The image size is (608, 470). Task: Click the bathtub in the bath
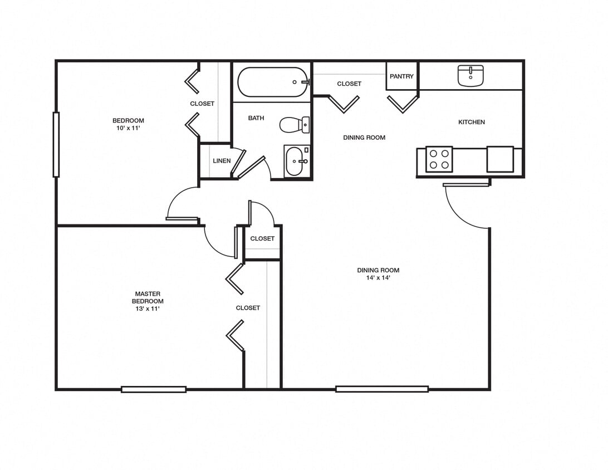pos(273,82)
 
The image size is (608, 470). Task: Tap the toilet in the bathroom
pos(293,125)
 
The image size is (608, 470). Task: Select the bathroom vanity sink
pos(297,161)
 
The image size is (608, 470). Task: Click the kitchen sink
pos(470,75)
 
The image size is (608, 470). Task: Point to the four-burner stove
pos(439,159)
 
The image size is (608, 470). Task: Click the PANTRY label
pos(401,76)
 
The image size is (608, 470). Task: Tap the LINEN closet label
pos(222,161)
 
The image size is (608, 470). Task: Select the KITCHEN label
pos(471,122)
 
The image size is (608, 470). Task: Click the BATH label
pos(256,118)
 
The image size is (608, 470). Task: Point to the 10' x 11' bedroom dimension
pos(128,128)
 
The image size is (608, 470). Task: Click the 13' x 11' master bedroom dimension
pos(148,309)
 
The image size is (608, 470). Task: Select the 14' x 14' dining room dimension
pos(378,278)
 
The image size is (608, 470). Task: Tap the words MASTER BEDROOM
pos(148,297)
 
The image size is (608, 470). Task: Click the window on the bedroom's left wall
pos(56,145)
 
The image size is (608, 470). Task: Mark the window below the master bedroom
pos(154,389)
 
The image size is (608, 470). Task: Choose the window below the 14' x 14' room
pos(382,389)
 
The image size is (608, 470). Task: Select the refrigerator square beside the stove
pos(500,159)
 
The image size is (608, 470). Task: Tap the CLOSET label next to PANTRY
pos(349,84)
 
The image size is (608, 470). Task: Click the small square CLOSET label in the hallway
pos(262,238)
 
